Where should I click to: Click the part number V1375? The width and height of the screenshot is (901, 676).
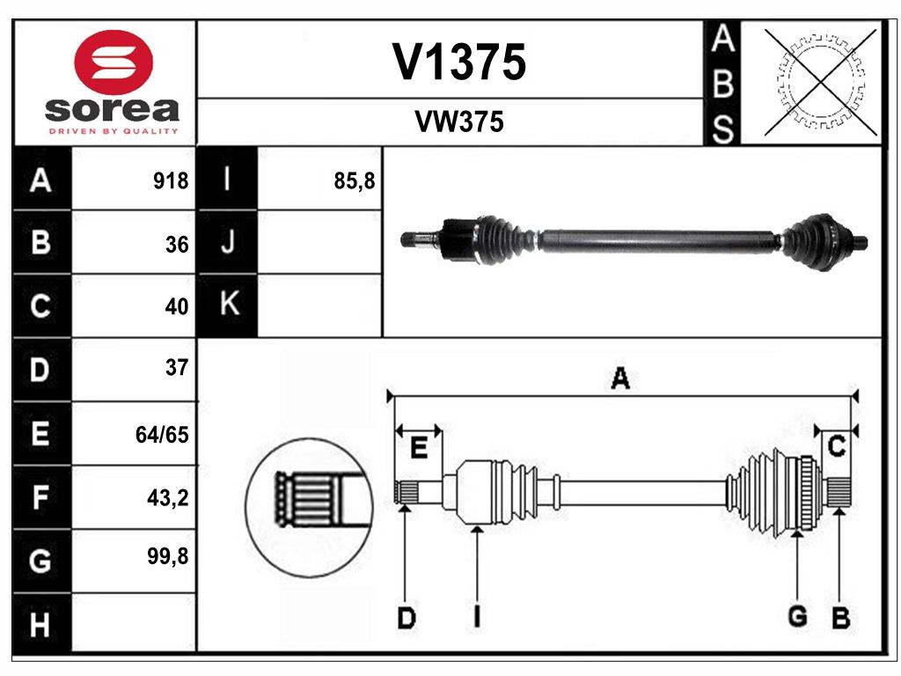click(459, 62)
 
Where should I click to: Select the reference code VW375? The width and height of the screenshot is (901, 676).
click(459, 122)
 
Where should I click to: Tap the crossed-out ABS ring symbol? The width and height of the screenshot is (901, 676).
click(821, 82)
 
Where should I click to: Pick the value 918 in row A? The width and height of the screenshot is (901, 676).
click(171, 181)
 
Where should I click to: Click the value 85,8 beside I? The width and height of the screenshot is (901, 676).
click(355, 181)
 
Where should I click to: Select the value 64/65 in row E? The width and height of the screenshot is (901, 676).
click(163, 434)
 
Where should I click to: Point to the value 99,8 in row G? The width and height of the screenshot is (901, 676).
click(169, 557)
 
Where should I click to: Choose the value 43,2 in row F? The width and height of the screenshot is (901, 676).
click(169, 498)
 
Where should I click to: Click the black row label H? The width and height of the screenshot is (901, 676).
click(40, 625)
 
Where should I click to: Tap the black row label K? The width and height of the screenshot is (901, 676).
click(228, 305)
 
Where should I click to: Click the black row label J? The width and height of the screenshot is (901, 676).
click(228, 243)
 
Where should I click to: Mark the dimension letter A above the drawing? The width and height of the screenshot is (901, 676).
click(620, 379)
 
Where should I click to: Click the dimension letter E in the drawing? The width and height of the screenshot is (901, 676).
click(419, 448)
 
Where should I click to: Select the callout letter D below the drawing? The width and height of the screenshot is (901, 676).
click(406, 619)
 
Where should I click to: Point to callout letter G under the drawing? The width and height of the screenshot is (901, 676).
click(797, 617)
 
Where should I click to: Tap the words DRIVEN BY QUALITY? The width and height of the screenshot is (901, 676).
click(114, 131)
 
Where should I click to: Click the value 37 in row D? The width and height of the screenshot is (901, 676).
click(176, 368)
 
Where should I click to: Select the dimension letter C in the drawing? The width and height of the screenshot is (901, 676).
click(837, 447)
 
